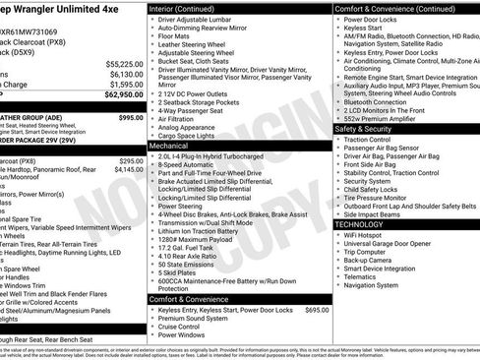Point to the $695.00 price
(317, 309)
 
